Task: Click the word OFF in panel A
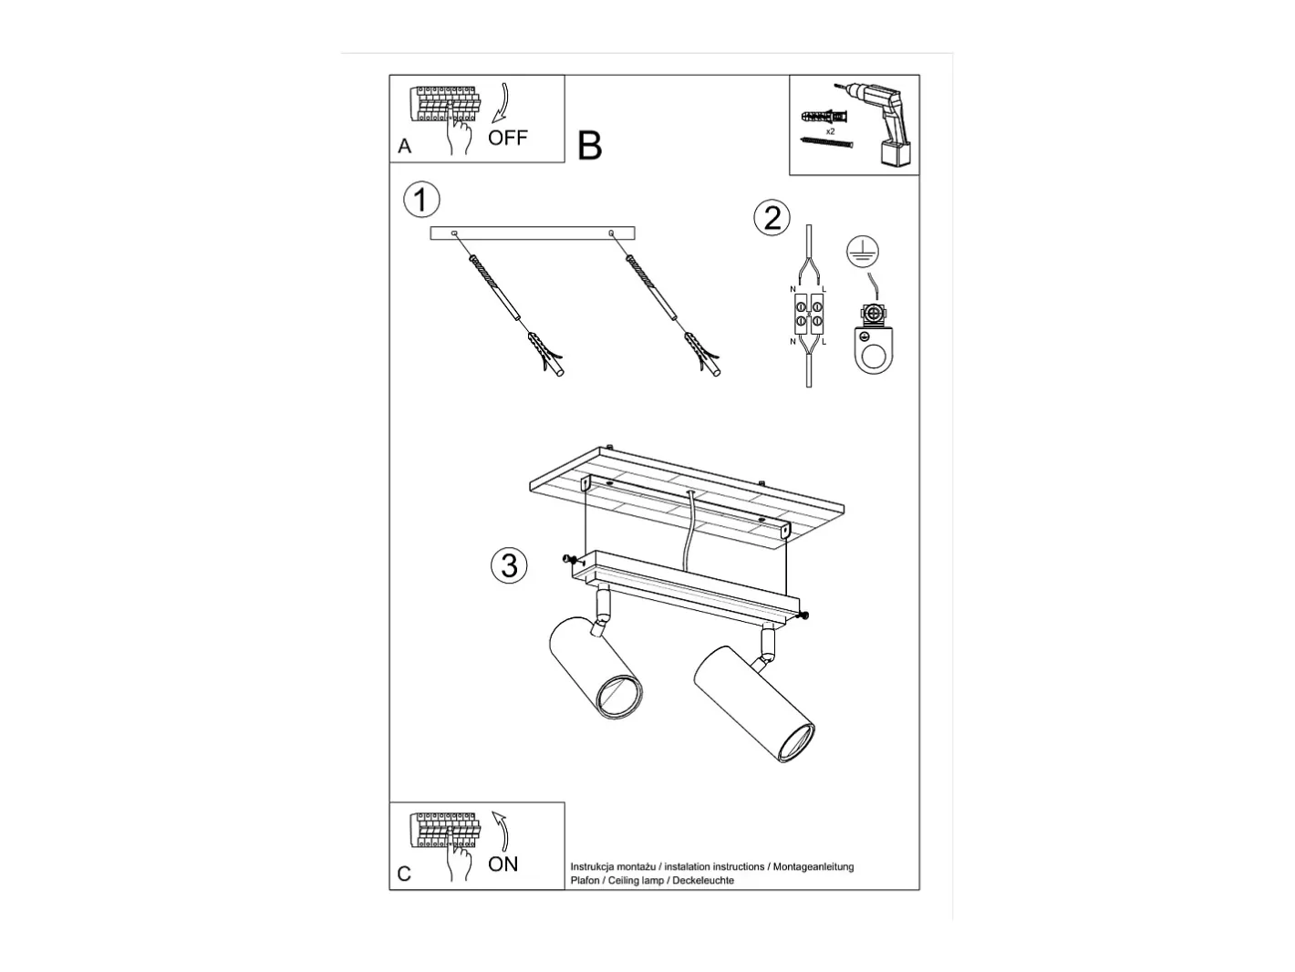coord(507,138)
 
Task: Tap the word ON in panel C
coord(502,864)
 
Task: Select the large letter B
coord(589,146)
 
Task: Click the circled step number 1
coord(421,200)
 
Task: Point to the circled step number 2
coord(772,218)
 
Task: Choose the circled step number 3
coord(509,565)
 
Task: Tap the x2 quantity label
coord(830,131)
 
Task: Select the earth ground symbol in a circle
coord(863,252)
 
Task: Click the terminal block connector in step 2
coord(808,314)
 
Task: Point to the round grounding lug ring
coord(873,357)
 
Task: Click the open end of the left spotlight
coord(620,698)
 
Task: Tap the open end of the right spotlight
coord(796,743)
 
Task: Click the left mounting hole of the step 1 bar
coord(453,233)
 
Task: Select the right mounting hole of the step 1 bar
coord(611,233)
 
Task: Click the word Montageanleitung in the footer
coord(813,867)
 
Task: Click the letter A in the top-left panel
coord(404,146)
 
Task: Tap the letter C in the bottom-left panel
coord(404,874)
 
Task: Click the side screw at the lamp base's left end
coord(567,559)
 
